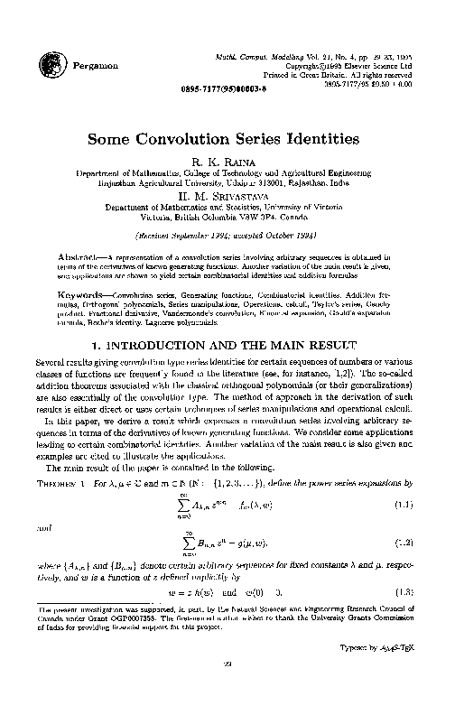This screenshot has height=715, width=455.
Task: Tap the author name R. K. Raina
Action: (225, 160)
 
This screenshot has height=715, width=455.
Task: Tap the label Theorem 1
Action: (67, 487)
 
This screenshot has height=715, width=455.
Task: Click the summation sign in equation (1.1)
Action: (181, 506)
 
